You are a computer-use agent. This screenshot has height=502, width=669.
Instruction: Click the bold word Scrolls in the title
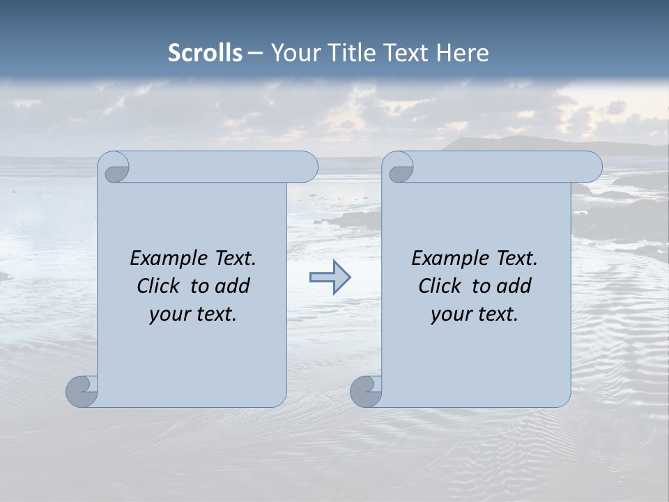pos(206,52)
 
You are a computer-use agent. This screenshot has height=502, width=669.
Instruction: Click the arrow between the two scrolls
pos(330,277)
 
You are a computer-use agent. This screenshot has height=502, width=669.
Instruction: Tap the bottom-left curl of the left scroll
pos(82,391)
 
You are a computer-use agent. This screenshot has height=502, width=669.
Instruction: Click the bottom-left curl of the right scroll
pos(365,391)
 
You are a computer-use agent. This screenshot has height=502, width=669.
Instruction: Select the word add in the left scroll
pos(232,287)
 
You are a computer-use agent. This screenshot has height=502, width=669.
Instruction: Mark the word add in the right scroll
pos(514,287)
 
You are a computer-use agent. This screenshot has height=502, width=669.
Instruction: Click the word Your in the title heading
pos(292,52)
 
